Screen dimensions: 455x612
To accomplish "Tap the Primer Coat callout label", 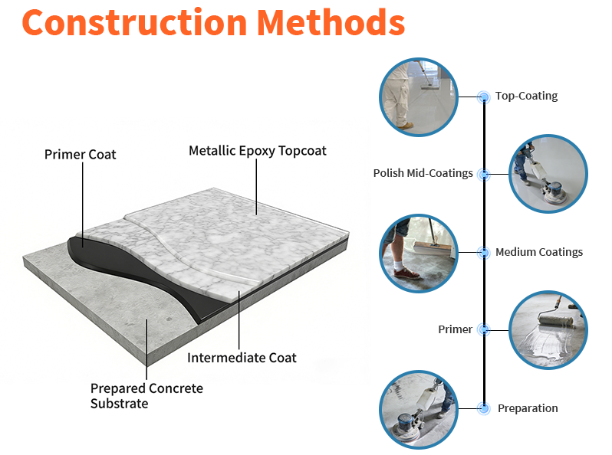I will pos(80,155).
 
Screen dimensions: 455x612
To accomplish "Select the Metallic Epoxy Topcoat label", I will pos(258,151).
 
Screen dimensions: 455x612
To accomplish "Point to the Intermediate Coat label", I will pos(242,358).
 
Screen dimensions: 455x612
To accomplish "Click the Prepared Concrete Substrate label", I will pos(146,396).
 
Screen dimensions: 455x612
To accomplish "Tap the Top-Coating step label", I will pos(526,97).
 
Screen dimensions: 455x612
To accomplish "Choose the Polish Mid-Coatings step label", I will pos(423,174).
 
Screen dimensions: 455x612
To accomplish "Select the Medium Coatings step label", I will pos(538,252).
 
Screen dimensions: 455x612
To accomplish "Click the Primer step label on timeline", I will pos(455,329).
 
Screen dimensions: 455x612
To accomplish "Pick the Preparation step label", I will pos(528,408).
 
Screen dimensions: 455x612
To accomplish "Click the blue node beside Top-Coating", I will pos(483,97).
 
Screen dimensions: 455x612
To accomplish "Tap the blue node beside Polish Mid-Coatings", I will pos(483,174).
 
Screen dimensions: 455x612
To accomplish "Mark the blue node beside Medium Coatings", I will pos(483,252).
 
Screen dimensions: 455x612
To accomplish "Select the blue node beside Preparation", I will pos(483,408).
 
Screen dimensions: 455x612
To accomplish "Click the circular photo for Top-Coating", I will pos(419,97).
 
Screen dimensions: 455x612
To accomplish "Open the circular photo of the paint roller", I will pos(548,329).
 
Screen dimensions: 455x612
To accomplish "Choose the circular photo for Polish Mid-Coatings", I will pos(548,174).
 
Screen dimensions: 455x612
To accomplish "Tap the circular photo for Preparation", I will pos(419,408).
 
